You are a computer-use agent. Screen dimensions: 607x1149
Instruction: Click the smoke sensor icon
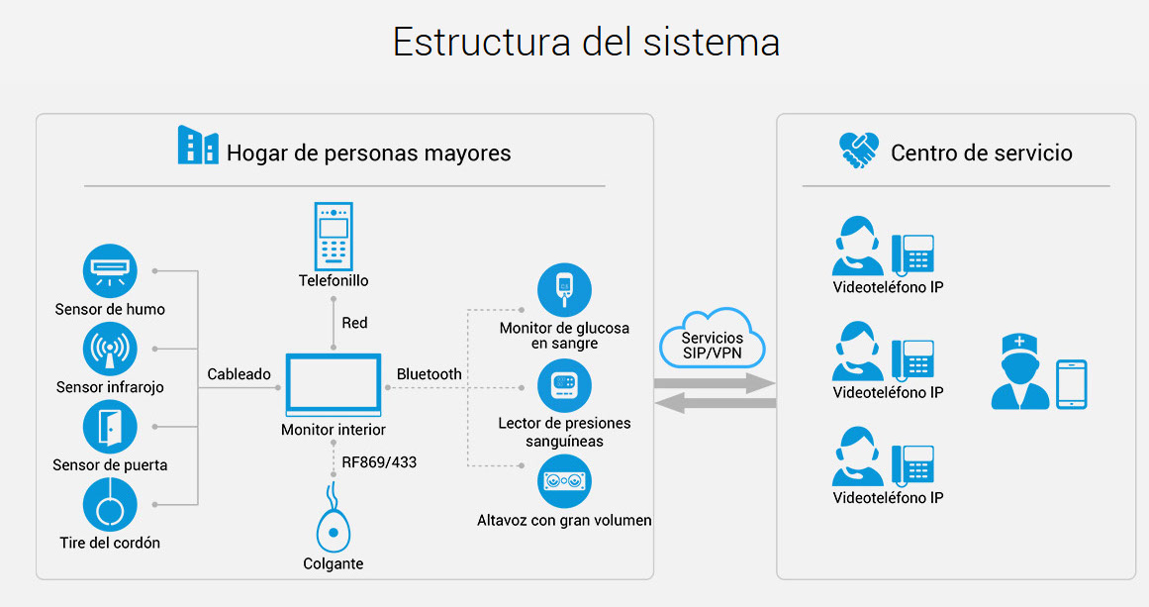(x=109, y=270)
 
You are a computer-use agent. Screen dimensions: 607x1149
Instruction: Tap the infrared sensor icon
(x=109, y=350)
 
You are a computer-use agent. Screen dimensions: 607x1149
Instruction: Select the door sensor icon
(x=109, y=427)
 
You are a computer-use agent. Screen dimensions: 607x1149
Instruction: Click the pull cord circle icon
(x=109, y=505)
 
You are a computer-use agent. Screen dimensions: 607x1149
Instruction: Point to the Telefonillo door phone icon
(x=334, y=236)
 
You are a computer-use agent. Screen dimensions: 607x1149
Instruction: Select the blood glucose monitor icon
(x=564, y=290)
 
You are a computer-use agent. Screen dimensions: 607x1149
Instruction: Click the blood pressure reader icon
(x=564, y=386)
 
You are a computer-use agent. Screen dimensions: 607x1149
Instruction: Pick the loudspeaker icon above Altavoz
(x=564, y=482)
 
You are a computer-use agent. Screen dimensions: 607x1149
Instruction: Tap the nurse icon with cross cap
(x=1019, y=372)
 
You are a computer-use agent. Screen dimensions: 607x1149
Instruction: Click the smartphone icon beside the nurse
(x=1072, y=384)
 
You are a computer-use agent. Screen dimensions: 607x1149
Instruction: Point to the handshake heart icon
(x=859, y=152)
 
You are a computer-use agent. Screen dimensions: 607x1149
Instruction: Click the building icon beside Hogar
(x=198, y=145)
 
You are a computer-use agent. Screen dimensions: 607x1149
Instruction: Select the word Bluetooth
(x=429, y=374)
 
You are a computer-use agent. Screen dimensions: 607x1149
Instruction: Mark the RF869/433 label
(x=379, y=460)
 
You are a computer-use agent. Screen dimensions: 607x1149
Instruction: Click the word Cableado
(x=239, y=374)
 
